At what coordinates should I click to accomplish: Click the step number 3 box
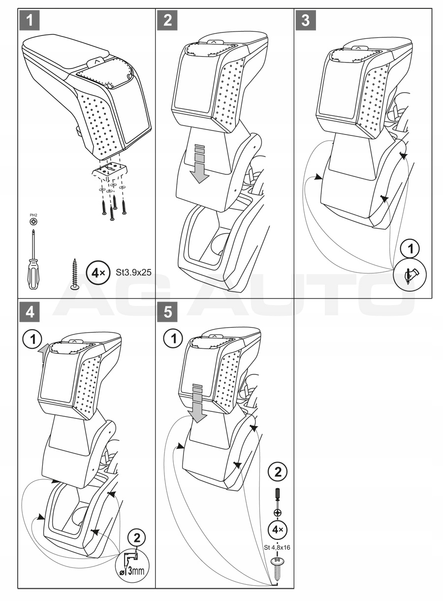(306, 20)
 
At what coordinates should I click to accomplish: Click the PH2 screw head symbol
(32, 222)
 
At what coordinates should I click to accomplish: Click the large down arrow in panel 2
(199, 165)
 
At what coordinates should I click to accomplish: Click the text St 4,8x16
(278, 546)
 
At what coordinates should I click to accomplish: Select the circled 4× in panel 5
(278, 530)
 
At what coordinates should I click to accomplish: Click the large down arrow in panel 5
(199, 405)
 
